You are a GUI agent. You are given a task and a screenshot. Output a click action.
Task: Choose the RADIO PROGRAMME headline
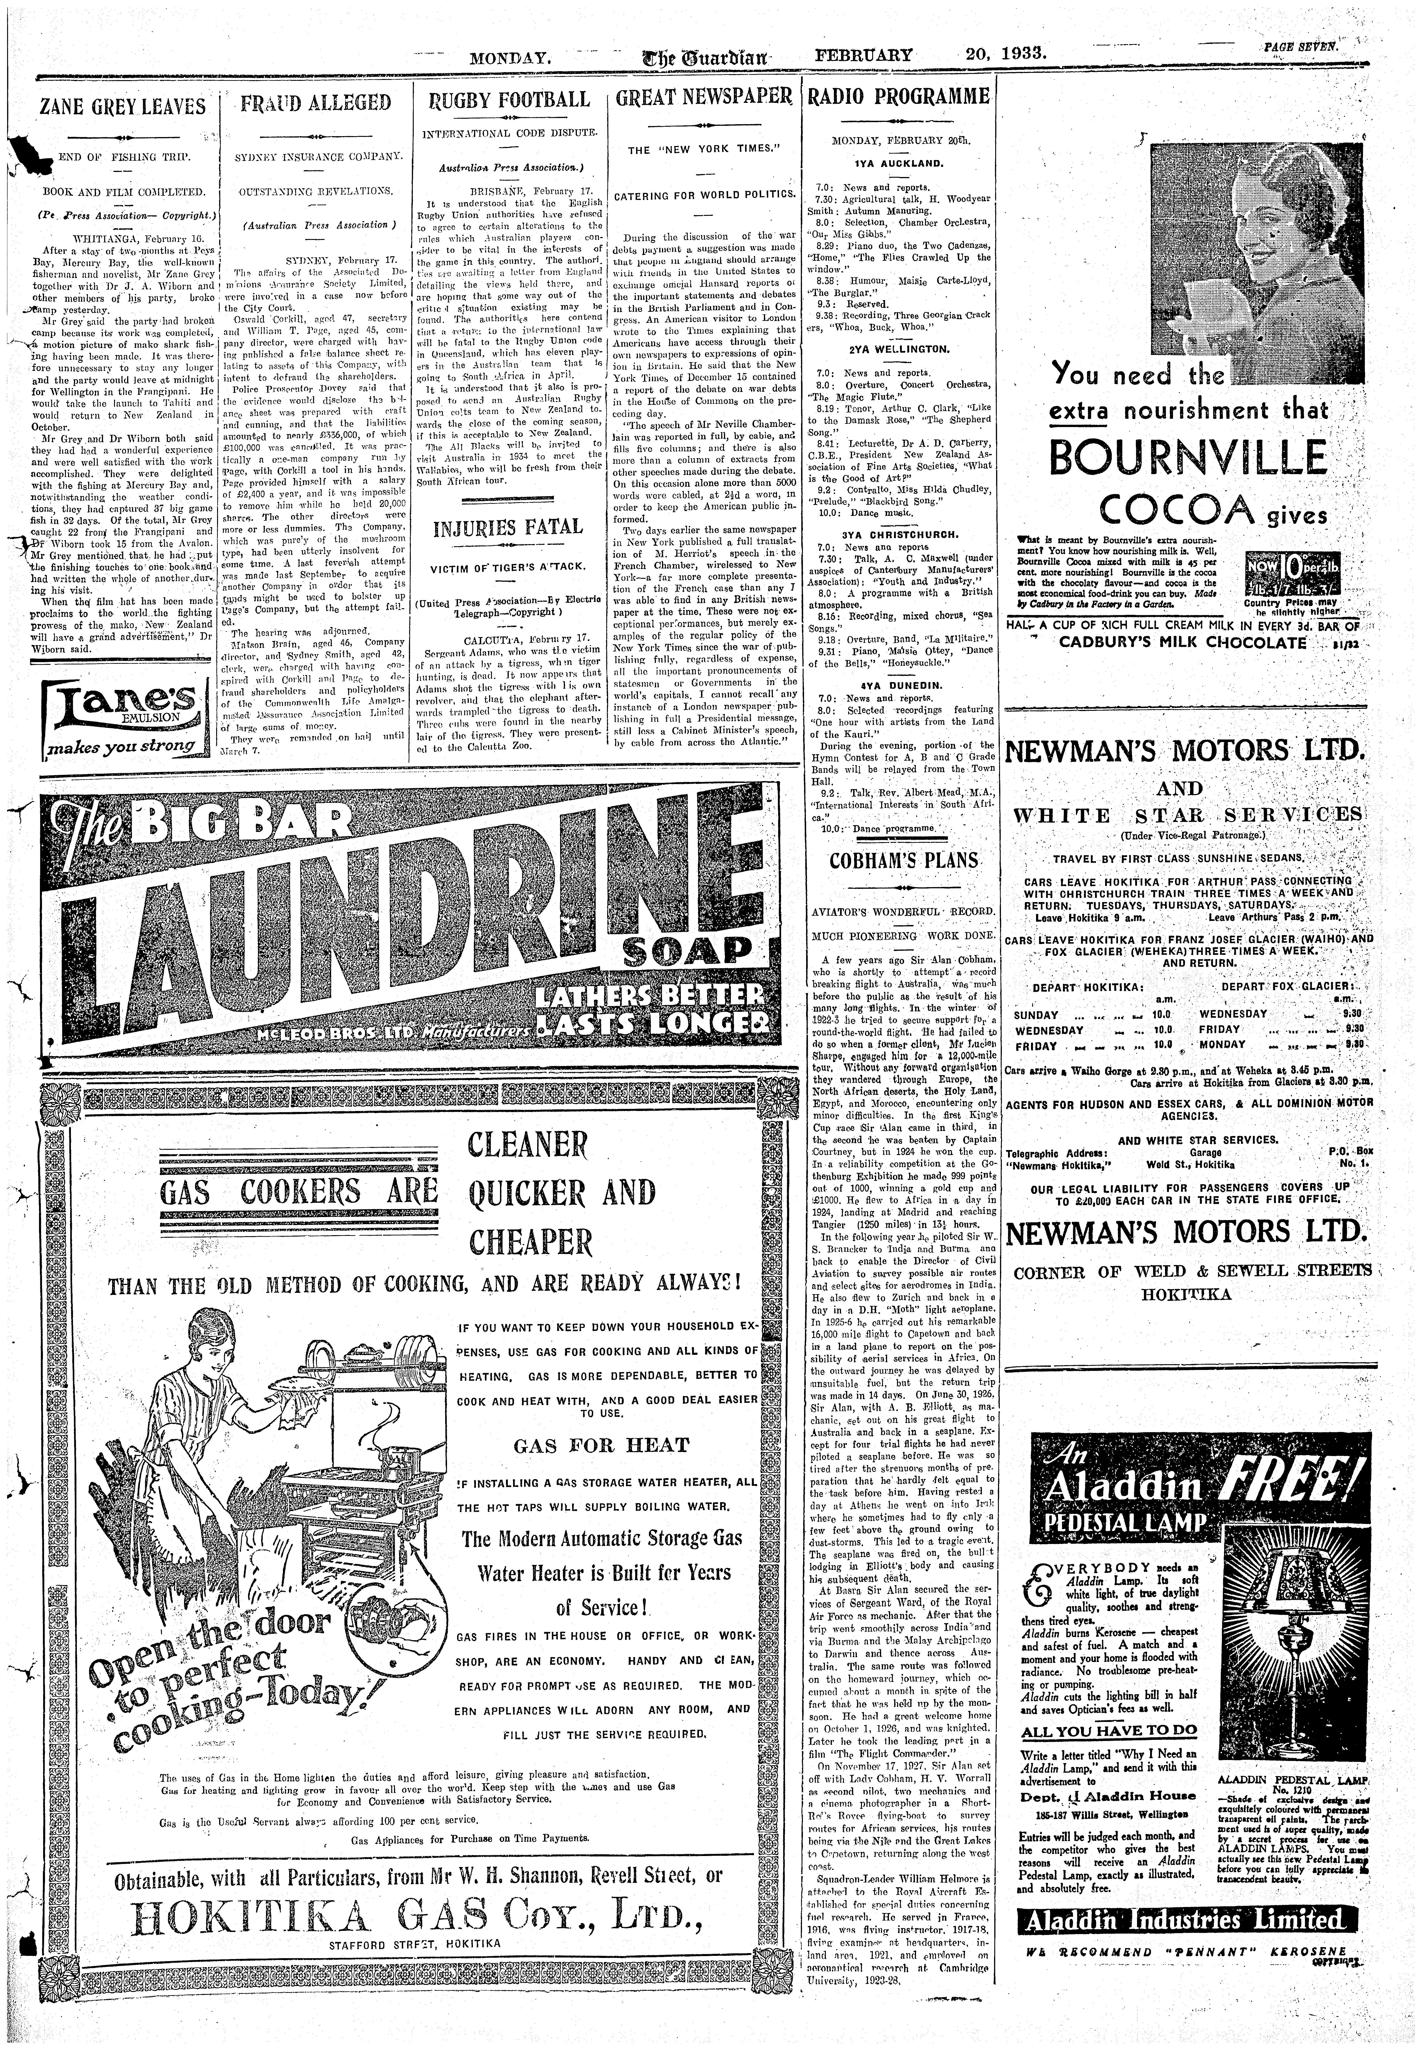(x=899, y=96)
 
